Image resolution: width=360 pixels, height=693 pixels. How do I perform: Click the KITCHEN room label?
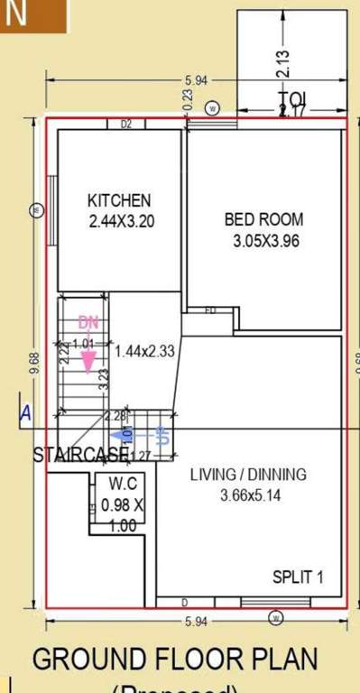[x=118, y=199]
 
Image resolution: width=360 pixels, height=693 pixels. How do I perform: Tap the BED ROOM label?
[x=263, y=219]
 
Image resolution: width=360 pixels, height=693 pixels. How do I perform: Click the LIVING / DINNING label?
[x=249, y=475]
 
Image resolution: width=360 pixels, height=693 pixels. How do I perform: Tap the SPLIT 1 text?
[x=298, y=577]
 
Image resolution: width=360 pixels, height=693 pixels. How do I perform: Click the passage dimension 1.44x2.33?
[x=144, y=351]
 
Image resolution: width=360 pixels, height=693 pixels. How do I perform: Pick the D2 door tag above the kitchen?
[x=126, y=125]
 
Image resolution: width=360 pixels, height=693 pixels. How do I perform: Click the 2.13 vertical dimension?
[x=284, y=61]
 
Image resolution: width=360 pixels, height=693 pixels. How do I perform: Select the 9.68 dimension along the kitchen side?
[x=34, y=363]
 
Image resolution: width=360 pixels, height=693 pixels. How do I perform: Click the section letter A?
[x=25, y=413]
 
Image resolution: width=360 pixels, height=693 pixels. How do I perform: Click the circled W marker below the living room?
[x=276, y=618]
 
